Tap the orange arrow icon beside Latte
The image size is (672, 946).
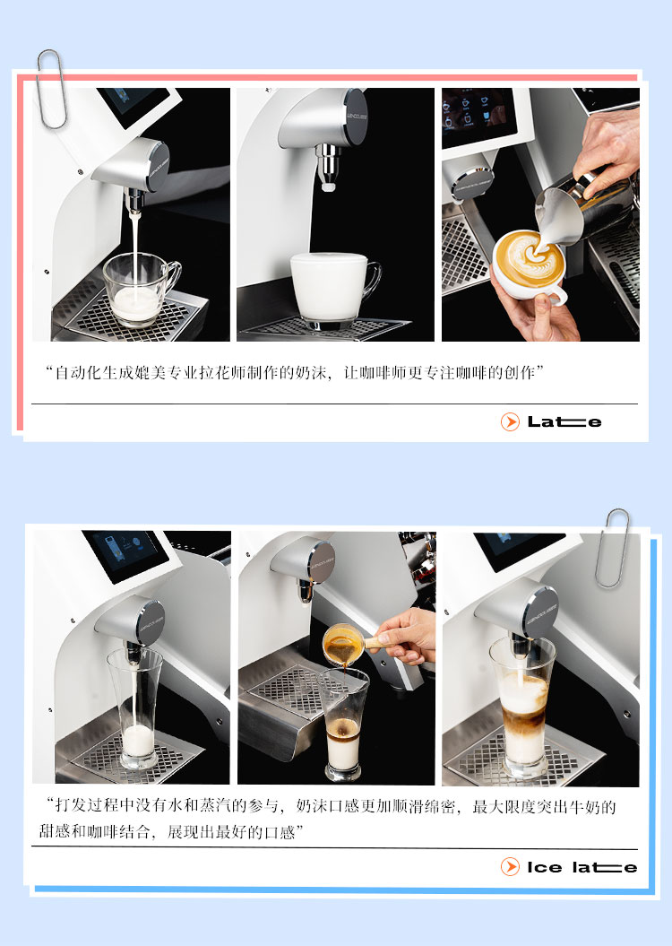click(510, 421)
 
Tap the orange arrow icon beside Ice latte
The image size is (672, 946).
click(510, 867)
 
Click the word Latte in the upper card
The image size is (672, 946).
click(564, 421)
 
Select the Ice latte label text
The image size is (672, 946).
click(582, 868)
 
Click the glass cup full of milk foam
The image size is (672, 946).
click(334, 291)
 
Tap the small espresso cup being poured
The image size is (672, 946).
click(343, 645)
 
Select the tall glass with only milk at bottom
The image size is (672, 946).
click(136, 708)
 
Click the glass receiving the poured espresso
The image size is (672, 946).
click(343, 724)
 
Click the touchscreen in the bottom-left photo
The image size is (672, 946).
click(125, 554)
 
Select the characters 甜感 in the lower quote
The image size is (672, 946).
click(55, 832)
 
